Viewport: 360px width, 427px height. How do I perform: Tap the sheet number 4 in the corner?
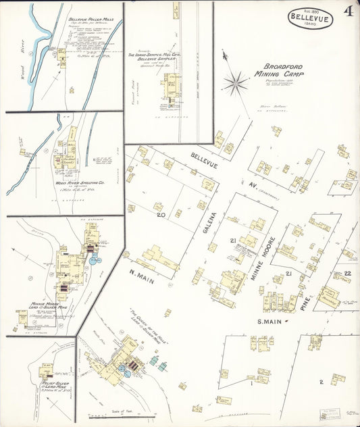tap(347, 11)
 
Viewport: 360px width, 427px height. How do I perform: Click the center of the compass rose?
tap(236, 83)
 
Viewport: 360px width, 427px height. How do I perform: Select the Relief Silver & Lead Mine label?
tap(54, 385)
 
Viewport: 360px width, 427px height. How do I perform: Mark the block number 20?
tap(161, 215)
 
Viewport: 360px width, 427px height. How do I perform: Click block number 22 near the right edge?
tap(346, 272)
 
